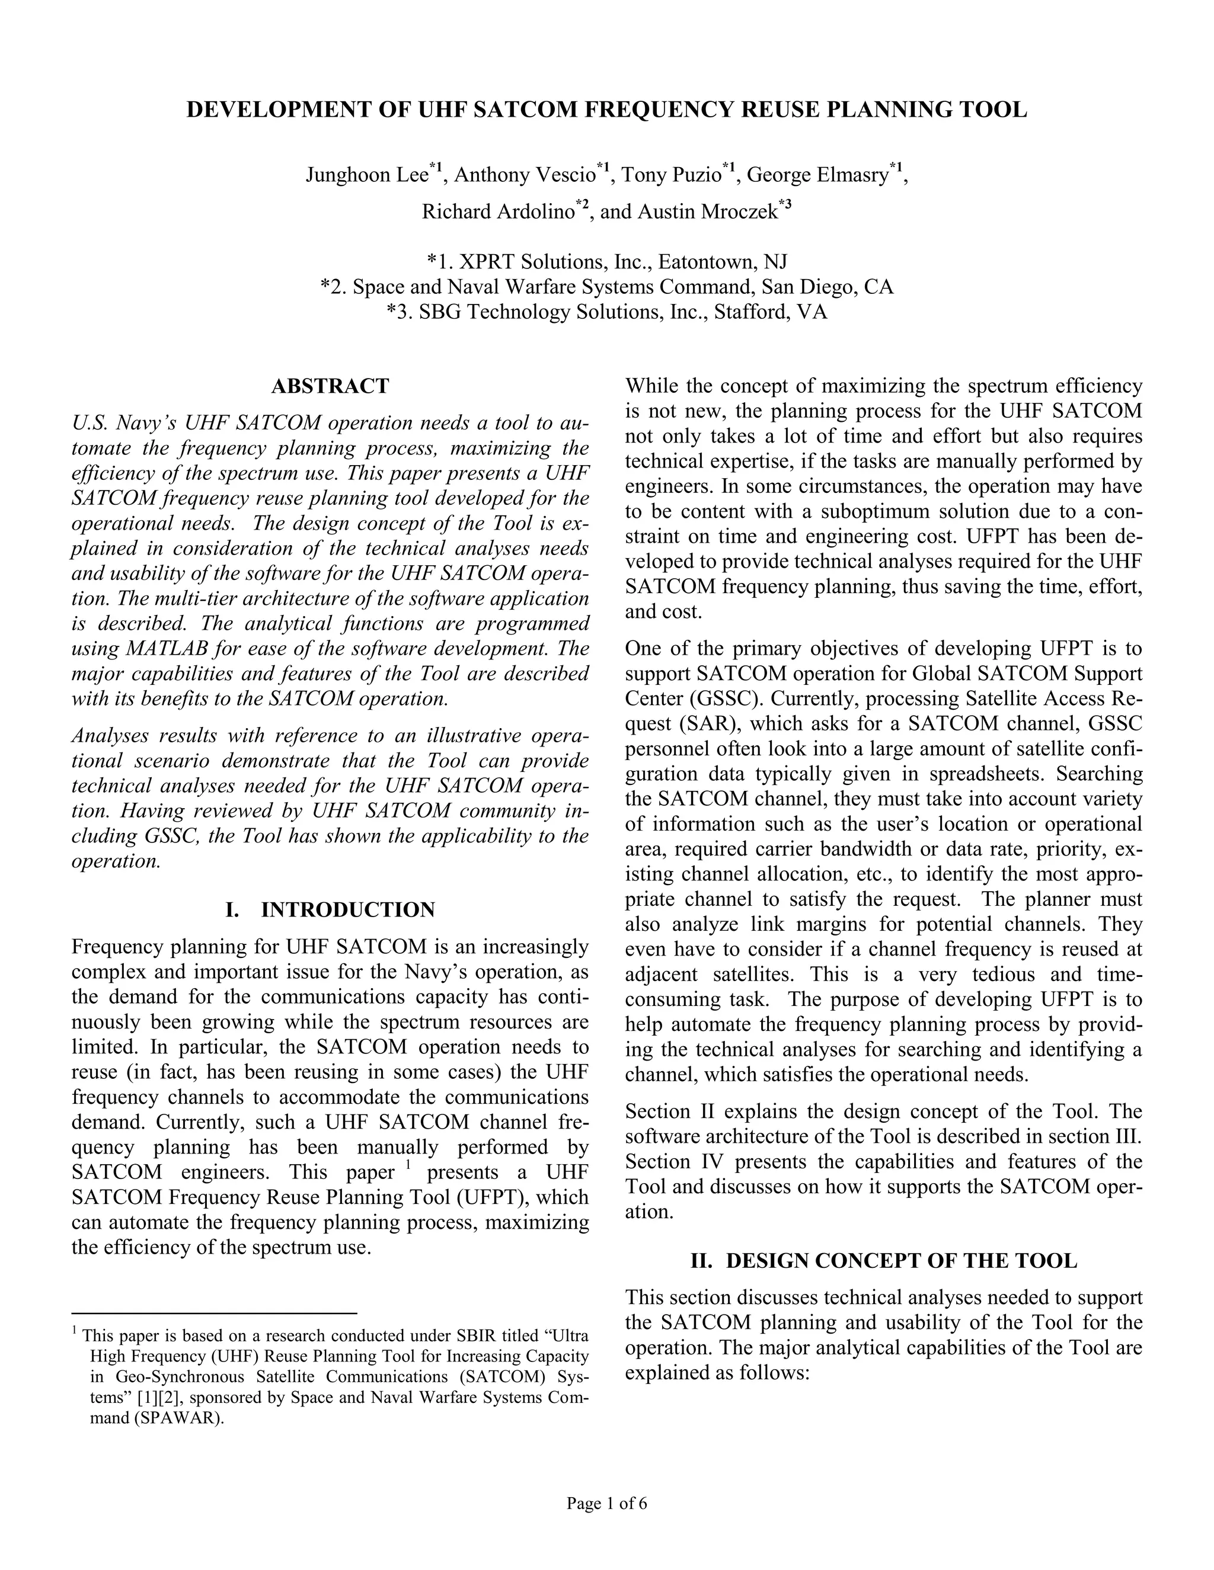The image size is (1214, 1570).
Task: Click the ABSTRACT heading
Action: pos(330,387)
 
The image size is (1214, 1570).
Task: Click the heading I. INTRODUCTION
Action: pos(330,910)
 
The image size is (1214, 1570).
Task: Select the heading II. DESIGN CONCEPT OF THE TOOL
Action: pos(884,1261)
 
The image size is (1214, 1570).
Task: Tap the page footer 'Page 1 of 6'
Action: pos(606,1503)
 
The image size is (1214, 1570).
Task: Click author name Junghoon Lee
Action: pos(367,175)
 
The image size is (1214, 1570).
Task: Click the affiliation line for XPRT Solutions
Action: pos(606,261)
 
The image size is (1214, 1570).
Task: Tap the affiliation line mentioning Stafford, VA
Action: pos(606,312)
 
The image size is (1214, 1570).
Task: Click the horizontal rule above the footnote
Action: pos(215,1313)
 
